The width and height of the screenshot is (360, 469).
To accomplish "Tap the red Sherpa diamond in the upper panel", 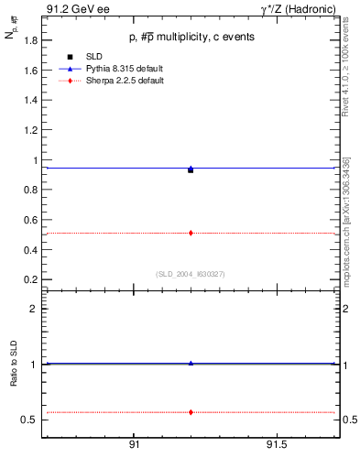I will (191, 233).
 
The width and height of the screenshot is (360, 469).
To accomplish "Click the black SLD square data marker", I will (191, 169).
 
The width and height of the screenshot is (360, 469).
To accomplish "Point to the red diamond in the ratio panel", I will (191, 412).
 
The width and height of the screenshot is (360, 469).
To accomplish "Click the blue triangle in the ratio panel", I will (191, 363).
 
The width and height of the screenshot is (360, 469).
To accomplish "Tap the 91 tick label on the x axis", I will (134, 444).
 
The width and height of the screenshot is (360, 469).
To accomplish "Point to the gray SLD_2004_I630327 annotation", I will (191, 273).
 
